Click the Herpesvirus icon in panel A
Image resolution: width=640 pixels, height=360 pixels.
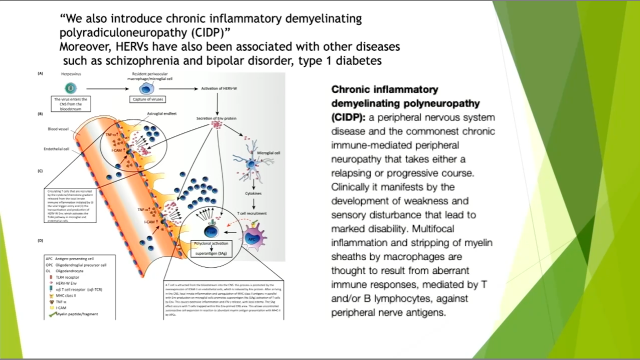pos(70,88)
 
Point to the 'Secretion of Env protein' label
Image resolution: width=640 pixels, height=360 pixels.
pos(216,118)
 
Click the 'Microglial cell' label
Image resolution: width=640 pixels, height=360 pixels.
pos(268,153)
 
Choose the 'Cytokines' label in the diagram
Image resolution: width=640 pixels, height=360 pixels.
pos(253,193)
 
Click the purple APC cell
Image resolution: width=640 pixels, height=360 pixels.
pos(254,238)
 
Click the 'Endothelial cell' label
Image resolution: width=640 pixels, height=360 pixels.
pos(56,149)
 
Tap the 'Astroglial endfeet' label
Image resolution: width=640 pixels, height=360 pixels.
pos(161,113)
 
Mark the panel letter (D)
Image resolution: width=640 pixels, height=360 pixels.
pos(40,240)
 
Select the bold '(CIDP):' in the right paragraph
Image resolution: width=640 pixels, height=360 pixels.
pos(348,117)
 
